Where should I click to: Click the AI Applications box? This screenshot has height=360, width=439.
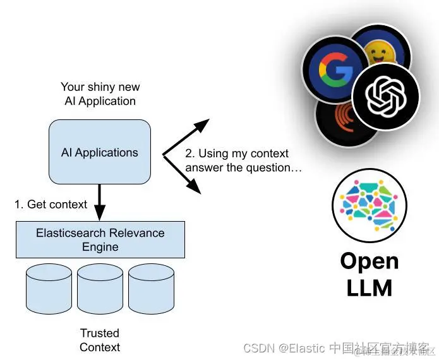point(99,152)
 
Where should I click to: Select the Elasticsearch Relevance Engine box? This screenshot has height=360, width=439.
point(100,239)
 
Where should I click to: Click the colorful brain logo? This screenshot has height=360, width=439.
point(369,200)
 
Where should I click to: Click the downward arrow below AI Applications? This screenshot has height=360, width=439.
point(99,201)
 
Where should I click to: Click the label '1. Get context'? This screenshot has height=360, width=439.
point(51,204)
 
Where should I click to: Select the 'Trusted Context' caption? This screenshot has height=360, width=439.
point(100,340)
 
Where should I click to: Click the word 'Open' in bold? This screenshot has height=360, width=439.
point(370,261)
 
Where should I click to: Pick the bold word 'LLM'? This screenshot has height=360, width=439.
point(370,288)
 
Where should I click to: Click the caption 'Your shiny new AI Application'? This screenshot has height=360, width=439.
point(100,93)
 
